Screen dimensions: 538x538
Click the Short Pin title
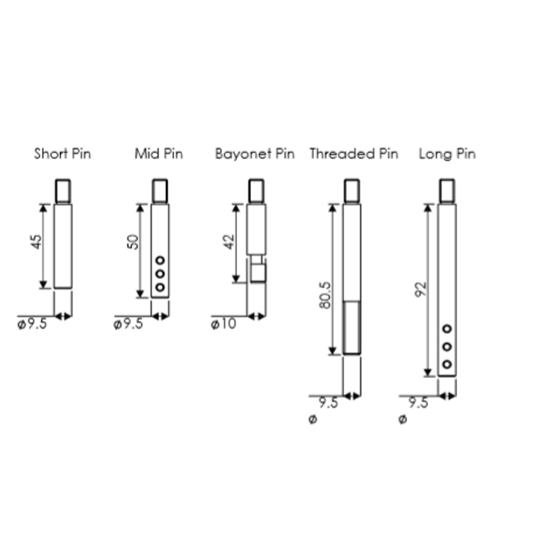pyautogui.click(x=62, y=154)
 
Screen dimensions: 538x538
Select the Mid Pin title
pyautogui.click(x=159, y=154)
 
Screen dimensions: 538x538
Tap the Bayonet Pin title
pyautogui.click(x=255, y=154)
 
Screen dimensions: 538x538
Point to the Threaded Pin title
pyautogui.click(x=354, y=154)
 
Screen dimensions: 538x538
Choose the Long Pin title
pyautogui.click(x=447, y=154)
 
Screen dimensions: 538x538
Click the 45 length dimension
pyautogui.click(x=36, y=241)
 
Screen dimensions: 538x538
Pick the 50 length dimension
pyautogui.click(x=133, y=242)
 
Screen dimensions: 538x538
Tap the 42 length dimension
pyautogui.click(x=230, y=242)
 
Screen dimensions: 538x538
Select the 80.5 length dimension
pyautogui.click(x=325, y=295)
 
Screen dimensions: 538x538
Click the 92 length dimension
pyautogui.click(x=421, y=289)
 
